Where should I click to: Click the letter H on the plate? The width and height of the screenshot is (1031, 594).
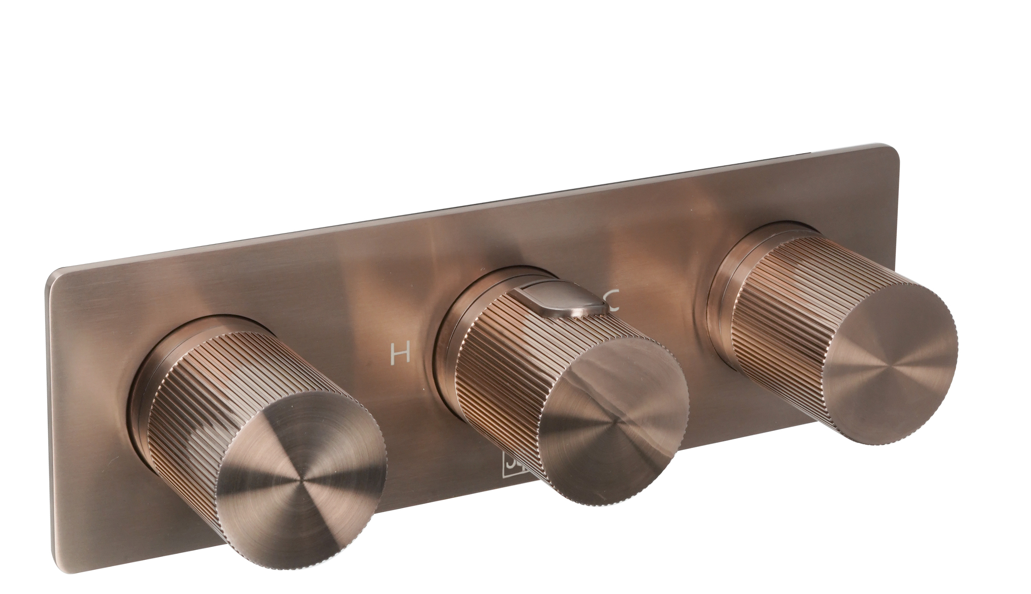click(x=400, y=353)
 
